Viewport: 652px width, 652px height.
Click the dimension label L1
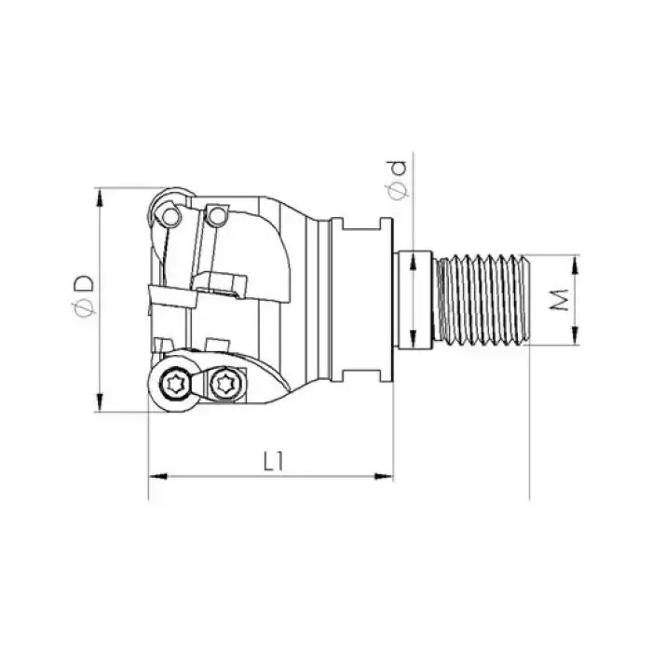tap(272, 460)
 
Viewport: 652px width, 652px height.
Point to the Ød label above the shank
tap(399, 180)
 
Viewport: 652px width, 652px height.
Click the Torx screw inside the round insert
tap(175, 383)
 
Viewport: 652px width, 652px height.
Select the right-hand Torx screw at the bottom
tap(224, 382)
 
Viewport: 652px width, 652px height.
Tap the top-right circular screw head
tap(216, 217)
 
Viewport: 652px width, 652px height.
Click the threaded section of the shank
tap(485, 299)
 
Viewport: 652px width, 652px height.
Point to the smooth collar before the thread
tap(415, 299)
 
